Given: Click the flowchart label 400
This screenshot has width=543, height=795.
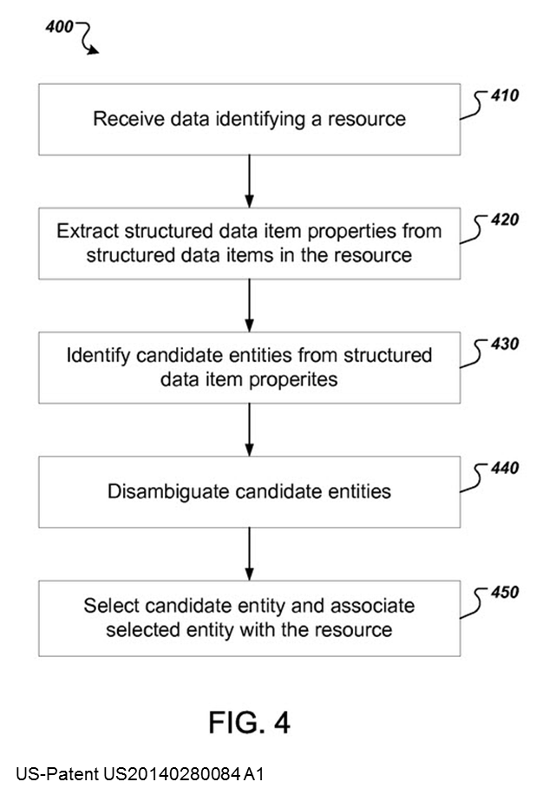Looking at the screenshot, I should [x=58, y=28].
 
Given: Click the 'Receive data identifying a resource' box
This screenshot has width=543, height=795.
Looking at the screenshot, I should [x=249, y=119].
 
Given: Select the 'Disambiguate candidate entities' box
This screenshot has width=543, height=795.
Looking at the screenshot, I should [x=249, y=492].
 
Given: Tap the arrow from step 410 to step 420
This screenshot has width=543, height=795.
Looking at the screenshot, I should [x=249, y=181].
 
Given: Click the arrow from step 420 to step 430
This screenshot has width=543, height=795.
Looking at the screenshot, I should [x=249, y=305].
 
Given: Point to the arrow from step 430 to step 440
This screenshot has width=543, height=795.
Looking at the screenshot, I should [x=249, y=429].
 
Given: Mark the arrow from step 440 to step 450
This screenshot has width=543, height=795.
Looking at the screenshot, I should [x=249, y=554].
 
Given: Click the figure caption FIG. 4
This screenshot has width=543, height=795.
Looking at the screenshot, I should [x=249, y=721].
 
